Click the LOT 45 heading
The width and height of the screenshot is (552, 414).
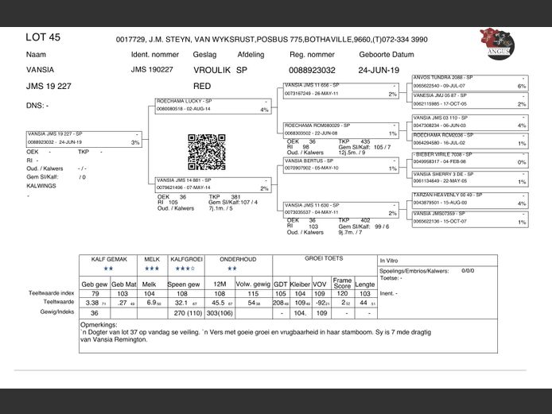pyautogui.click(x=43, y=37)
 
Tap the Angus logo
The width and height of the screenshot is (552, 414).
pyautogui.click(x=497, y=43)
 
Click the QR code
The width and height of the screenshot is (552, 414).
pyautogui.click(x=201, y=151)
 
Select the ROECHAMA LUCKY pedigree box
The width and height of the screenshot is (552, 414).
pyautogui.click(x=213, y=106)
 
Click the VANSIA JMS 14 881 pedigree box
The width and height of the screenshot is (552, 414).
pyautogui.click(x=213, y=184)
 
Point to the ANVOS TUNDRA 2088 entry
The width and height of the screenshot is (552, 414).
pyautogui.click(x=469, y=81)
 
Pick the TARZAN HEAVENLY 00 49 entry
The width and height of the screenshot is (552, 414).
pyautogui.click(x=469, y=199)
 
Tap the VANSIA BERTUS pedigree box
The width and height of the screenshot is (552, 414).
pyautogui.click(x=340, y=164)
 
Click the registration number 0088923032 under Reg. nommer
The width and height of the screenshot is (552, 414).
pyautogui.click(x=312, y=70)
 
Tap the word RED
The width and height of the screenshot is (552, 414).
pyautogui.click(x=202, y=85)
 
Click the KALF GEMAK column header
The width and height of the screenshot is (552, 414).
pyautogui.click(x=109, y=259)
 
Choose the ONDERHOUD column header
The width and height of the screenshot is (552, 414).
pyautogui.click(x=238, y=259)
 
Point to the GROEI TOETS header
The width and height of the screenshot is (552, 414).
pyautogui.click(x=324, y=259)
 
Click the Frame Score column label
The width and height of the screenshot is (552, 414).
pyautogui.click(x=342, y=282)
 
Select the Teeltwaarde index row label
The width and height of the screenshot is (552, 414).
pyautogui.click(x=52, y=293)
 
